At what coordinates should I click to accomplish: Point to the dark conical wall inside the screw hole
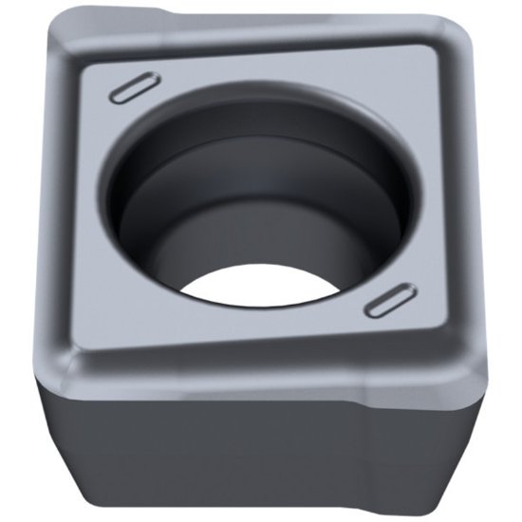256,209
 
